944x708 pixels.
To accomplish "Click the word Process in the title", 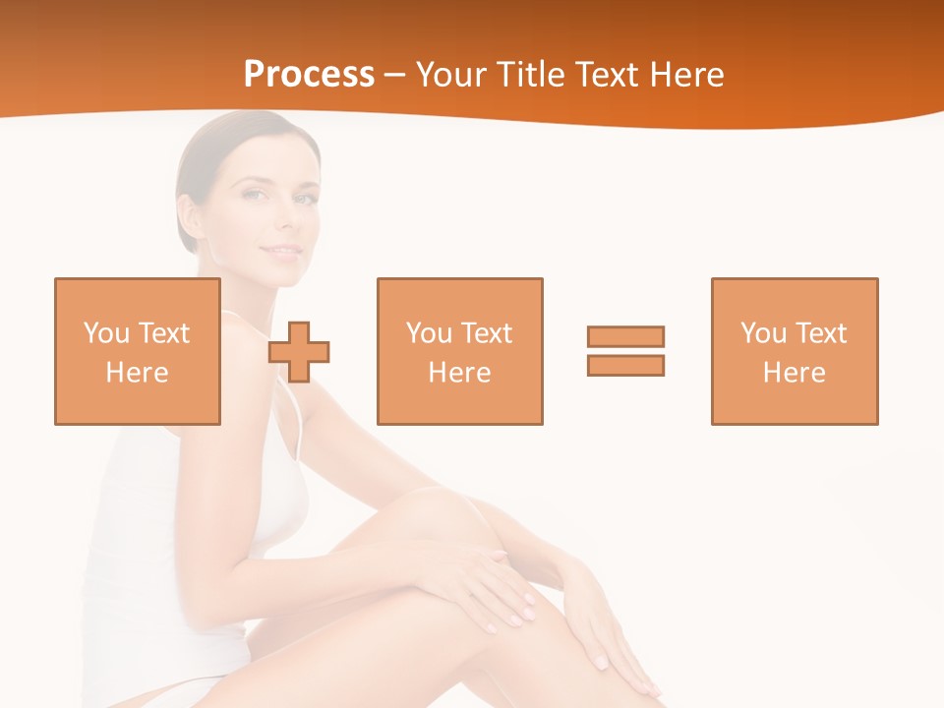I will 309,75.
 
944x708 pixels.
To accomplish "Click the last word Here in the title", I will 691,75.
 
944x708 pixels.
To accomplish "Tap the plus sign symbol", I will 299,351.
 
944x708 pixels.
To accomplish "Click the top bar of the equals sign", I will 625,336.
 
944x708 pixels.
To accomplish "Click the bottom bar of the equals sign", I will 625,365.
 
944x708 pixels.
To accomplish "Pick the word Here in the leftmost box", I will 138,373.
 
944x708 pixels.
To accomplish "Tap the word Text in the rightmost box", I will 821,333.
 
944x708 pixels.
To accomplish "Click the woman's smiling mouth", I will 281,253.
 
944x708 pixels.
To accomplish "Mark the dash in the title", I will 395,76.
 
